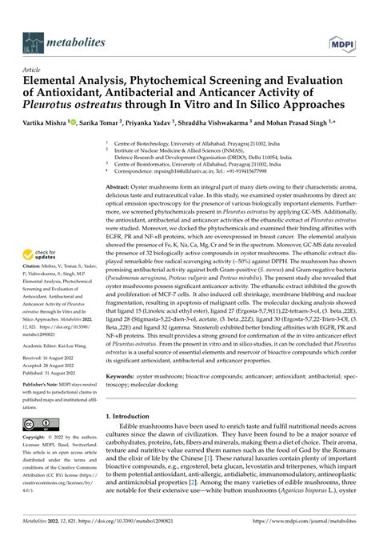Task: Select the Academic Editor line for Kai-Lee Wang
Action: click(48, 366)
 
